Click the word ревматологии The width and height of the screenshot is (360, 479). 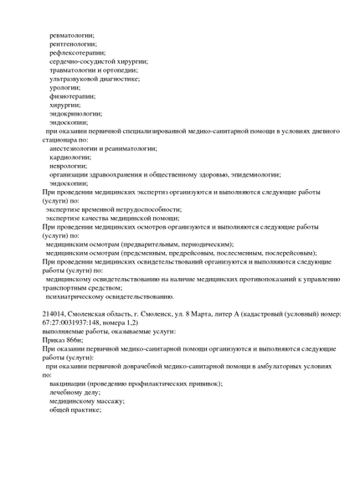click(x=72, y=35)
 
